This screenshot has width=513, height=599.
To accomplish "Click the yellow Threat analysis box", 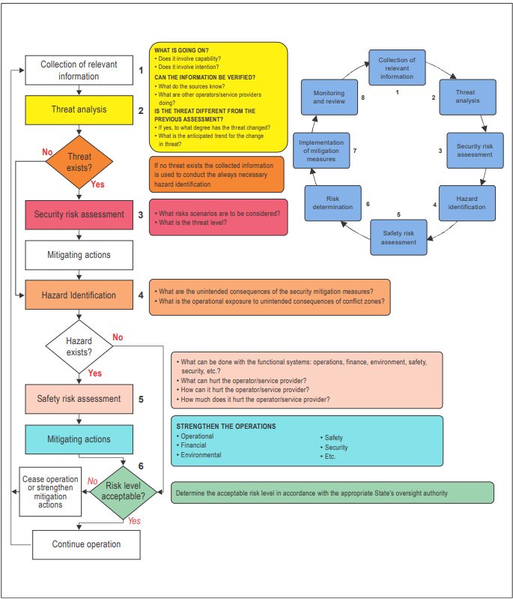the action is (x=79, y=110).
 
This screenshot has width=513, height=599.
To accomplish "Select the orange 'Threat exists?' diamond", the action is (x=79, y=162).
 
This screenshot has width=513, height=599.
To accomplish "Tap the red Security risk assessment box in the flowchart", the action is (x=79, y=214).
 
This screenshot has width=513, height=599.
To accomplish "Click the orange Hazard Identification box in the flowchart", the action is (x=79, y=295).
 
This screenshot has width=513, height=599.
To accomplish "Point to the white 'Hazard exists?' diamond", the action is (x=79, y=346).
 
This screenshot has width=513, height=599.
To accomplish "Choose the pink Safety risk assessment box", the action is (x=79, y=399).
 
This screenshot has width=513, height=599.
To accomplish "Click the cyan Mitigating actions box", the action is (x=79, y=439).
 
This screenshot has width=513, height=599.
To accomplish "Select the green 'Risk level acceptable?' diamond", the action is (x=124, y=493).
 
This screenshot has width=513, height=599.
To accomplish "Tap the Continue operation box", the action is (x=86, y=545).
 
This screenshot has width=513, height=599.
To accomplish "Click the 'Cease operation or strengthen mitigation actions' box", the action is (x=50, y=492).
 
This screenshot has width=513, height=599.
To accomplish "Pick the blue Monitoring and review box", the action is (x=330, y=97).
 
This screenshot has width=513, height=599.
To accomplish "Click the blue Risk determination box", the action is (x=333, y=203).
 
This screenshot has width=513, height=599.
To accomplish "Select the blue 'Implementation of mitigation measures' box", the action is (x=321, y=151).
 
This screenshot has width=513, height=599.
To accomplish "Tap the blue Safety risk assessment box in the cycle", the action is (x=398, y=237).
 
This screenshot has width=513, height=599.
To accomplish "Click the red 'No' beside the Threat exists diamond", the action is (x=47, y=152).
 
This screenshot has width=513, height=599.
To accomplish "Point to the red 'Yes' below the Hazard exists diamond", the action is (x=95, y=373).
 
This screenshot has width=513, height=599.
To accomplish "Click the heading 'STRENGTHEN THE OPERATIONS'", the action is (x=226, y=427).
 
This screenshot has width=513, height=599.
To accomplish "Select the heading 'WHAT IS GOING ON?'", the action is (x=182, y=50).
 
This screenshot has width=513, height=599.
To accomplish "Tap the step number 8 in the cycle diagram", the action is (x=363, y=97).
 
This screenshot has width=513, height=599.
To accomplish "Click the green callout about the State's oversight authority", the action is (x=333, y=493).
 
